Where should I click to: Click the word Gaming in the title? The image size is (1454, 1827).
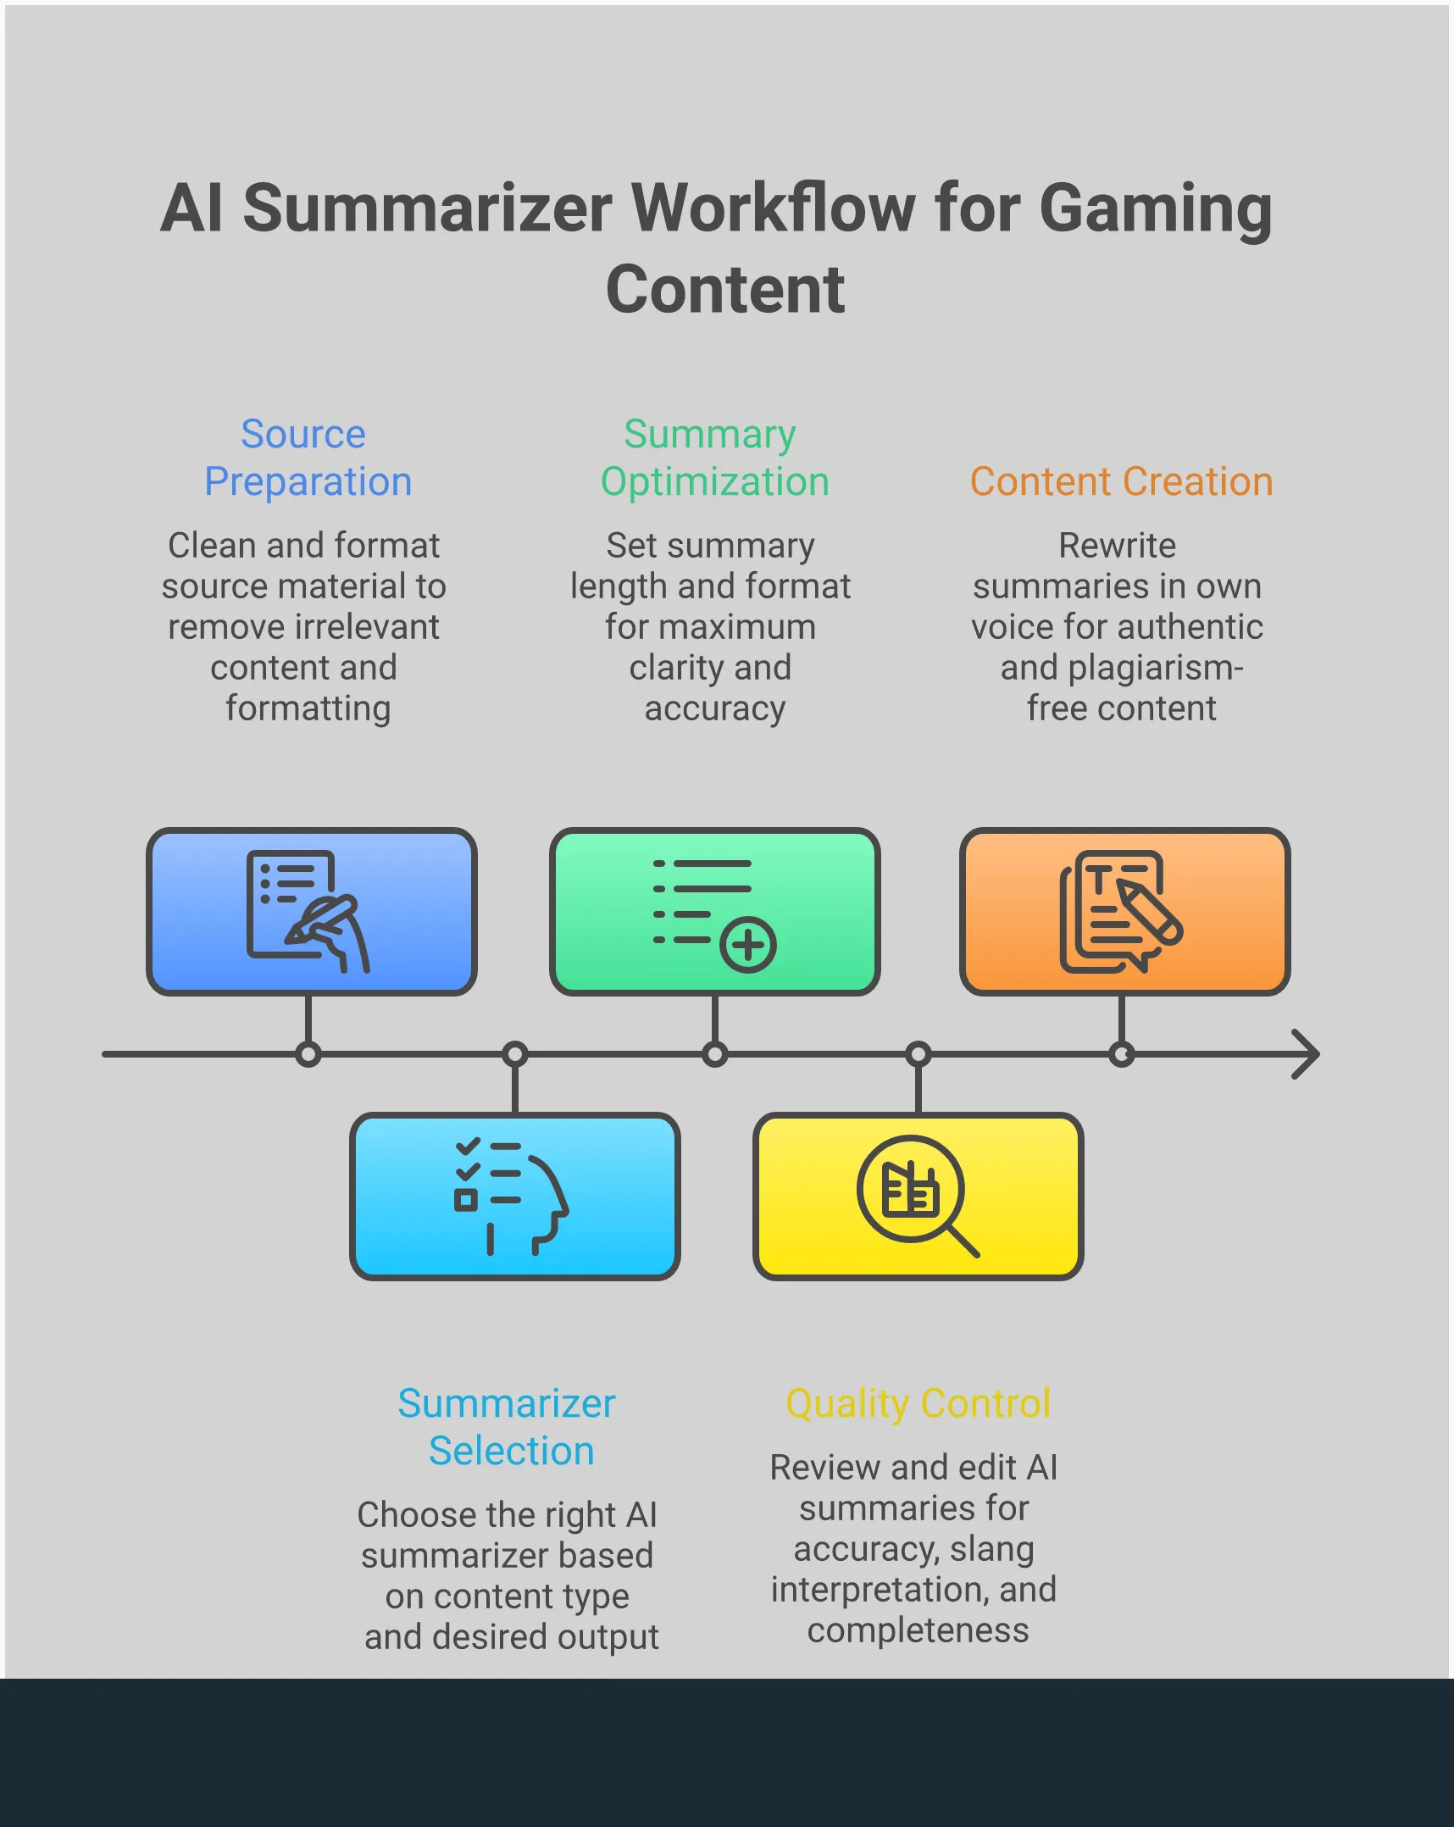tap(1155, 208)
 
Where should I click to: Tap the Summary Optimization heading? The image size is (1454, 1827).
tap(713, 458)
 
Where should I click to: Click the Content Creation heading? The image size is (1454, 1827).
tap(1121, 481)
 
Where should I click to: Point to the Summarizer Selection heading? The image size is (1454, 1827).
tap(508, 1427)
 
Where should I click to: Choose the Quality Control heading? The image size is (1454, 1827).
tap(918, 1403)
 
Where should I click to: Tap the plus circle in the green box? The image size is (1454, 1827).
tap(748, 944)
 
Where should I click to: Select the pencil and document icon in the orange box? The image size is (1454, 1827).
tap(1121, 912)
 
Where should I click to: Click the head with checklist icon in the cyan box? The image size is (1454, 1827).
tap(511, 1196)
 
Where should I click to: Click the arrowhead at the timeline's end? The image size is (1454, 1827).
tap(1307, 1054)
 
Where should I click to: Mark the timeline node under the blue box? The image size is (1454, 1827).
tap(308, 1054)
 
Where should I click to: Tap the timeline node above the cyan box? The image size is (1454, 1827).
tap(515, 1054)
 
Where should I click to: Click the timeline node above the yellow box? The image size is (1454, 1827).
tap(918, 1054)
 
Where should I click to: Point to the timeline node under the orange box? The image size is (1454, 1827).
tap(1121, 1054)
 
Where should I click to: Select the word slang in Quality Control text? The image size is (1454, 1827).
tap(991, 1549)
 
